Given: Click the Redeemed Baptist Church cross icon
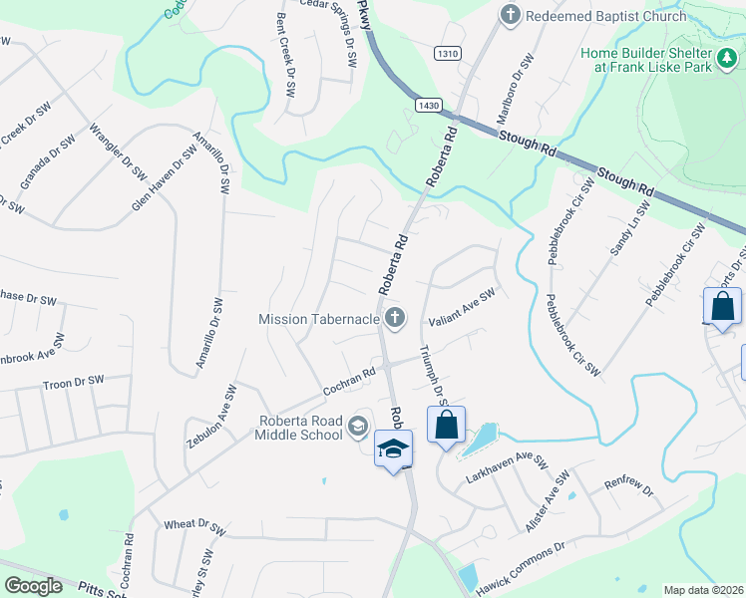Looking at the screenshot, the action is click(x=511, y=16).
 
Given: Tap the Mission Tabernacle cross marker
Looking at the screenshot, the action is click(x=396, y=319).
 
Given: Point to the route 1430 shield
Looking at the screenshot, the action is click(x=430, y=105).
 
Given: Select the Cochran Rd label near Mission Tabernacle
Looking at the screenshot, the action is click(x=348, y=382).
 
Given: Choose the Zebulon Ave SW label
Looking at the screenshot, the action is click(x=210, y=417).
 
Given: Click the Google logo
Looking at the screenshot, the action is click(x=34, y=586).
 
